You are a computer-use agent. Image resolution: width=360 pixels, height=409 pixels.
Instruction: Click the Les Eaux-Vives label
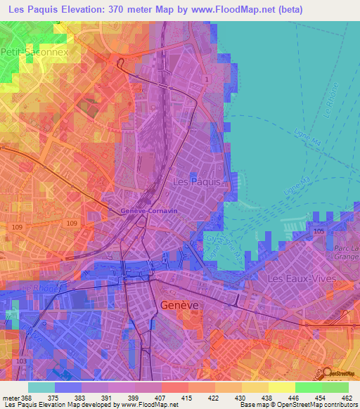click(x=298, y=279)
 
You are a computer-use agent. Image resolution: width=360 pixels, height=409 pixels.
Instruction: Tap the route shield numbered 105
click(x=319, y=231)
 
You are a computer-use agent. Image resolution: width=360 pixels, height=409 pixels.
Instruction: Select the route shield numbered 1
click(x=207, y=80)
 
